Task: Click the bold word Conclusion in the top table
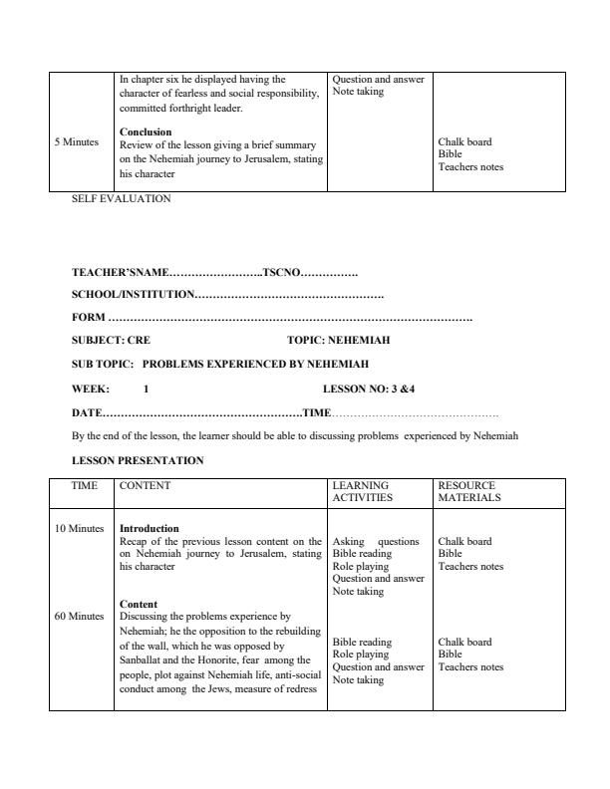pos(146,131)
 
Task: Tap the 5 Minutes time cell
pos(77,142)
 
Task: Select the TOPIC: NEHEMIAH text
pos(325,340)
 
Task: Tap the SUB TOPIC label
pos(103,364)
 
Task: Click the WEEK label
pos(91,388)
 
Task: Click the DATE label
pos(87,411)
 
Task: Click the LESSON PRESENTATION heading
pos(138,460)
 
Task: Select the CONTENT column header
pos(145,486)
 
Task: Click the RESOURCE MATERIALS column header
pos(469,491)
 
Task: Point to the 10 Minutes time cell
pos(79,528)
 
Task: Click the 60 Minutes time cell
pos(79,616)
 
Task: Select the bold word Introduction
pos(149,528)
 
